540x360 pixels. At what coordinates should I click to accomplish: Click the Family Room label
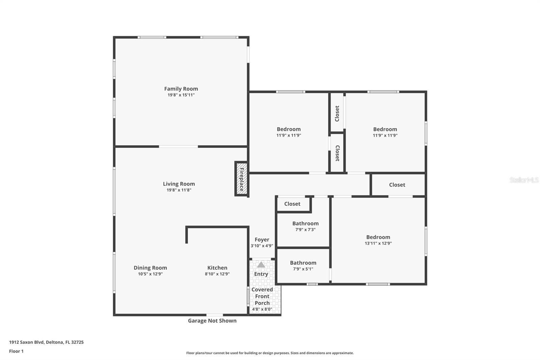[181, 89]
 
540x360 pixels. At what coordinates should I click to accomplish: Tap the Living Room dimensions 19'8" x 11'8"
[179, 190]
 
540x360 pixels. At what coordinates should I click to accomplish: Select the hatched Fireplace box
[241, 179]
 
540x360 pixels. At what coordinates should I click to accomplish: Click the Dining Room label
[150, 268]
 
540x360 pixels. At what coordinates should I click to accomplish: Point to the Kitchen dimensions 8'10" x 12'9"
[217, 274]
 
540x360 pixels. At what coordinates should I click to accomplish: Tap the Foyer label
[262, 239]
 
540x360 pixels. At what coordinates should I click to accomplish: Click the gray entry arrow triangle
[261, 265]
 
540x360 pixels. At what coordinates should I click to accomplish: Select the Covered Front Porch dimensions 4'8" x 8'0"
[262, 309]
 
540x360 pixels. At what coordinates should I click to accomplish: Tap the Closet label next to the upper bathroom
[292, 204]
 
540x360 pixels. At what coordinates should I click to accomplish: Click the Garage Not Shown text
[212, 321]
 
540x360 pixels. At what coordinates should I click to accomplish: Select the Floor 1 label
[17, 351]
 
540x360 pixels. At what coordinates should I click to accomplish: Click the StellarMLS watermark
[524, 180]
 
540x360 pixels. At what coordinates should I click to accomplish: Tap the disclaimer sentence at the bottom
[270, 353]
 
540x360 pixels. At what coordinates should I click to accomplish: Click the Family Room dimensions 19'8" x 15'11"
[181, 95]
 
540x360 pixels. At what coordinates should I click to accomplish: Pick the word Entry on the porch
[261, 274]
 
